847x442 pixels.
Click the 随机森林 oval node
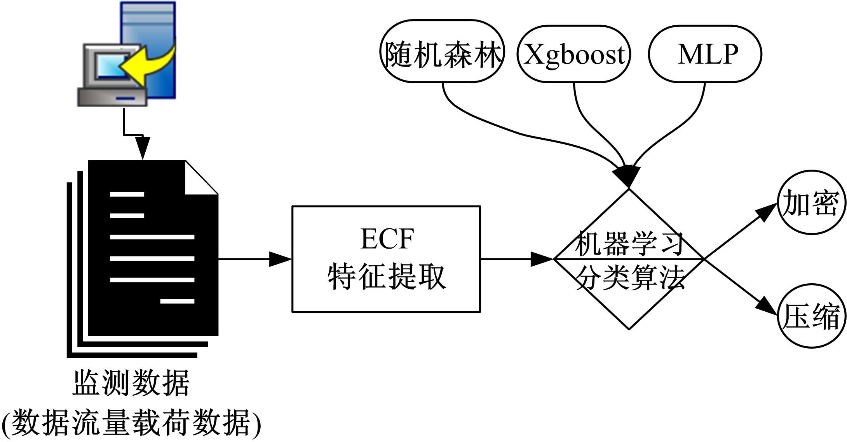442,51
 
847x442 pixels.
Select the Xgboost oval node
574,54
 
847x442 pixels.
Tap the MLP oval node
705,54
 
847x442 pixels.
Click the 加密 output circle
811,202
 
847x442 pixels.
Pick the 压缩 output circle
811,316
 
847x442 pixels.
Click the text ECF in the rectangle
387,239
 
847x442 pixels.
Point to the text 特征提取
387,277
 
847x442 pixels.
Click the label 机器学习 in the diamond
629,244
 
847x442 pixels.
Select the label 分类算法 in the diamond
629,277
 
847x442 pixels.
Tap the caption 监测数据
131,383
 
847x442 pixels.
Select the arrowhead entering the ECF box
281,259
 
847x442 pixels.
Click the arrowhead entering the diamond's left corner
542,259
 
